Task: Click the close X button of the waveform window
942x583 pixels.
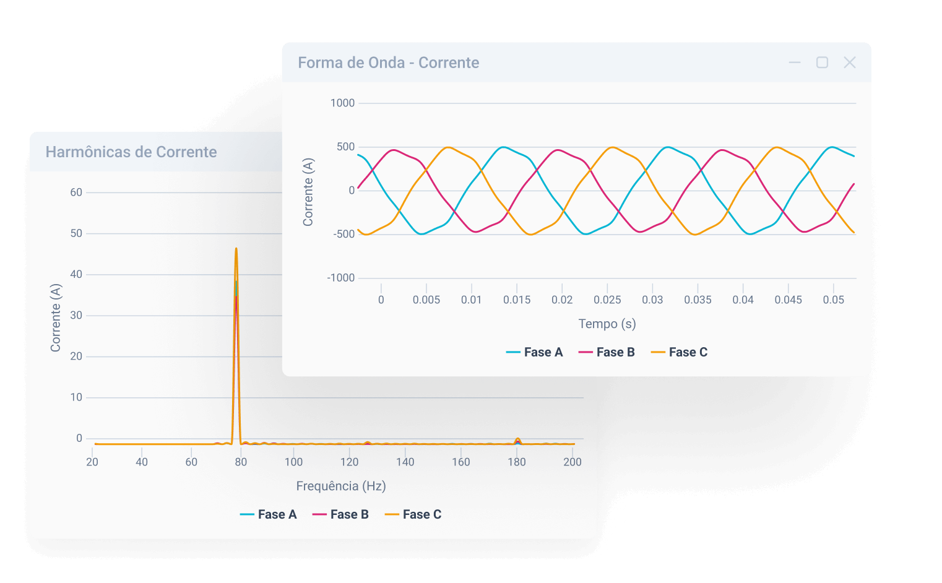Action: click(849, 63)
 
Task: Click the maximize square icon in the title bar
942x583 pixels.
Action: click(822, 63)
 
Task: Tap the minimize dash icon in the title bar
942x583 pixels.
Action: click(795, 63)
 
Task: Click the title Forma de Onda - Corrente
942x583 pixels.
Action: click(388, 63)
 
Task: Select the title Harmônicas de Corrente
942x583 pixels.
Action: click(131, 152)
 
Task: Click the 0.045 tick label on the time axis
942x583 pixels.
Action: click(788, 300)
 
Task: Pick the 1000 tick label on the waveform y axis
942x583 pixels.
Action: click(342, 103)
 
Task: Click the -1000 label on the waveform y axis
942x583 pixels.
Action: click(341, 278)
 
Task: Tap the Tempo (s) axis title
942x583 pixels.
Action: click(607, 324)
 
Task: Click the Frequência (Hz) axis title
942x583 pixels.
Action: click(341, 486)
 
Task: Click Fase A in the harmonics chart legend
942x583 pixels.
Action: click(269, 514)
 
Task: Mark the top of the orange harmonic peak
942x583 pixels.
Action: click(236, 249)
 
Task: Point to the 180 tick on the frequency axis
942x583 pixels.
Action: click(517, 462)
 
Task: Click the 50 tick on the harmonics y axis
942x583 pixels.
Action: click(76, 233)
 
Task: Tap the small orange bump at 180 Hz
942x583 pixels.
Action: click(517, 439)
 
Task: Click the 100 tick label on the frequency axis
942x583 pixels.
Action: click(293, 462)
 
